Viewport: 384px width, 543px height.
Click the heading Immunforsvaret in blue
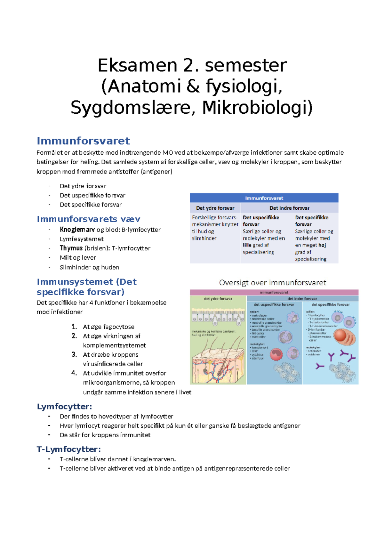(83, 141)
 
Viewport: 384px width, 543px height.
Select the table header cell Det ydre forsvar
(215, 208)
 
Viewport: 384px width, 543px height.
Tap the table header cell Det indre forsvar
(289, 208)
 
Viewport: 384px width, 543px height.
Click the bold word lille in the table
(247, 245)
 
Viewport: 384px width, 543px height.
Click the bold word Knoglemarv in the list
(77, 230)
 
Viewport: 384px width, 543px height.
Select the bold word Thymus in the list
(71, 248)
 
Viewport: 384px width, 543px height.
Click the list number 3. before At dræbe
(74, 354)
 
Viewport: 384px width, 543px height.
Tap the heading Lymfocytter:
(64, 407)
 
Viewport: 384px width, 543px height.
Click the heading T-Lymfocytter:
(69, 449)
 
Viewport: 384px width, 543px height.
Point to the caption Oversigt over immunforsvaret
(273, 283)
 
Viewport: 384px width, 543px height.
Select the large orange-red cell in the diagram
(342, 336)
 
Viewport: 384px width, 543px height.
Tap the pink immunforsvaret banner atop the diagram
(274, 292)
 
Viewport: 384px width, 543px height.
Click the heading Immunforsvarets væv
(88, 219)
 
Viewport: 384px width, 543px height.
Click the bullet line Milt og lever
(78, 257)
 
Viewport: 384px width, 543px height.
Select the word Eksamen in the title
(137, 65)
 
